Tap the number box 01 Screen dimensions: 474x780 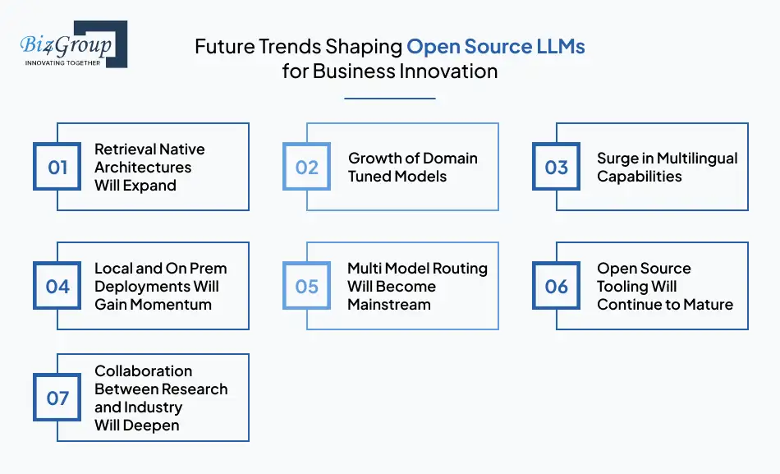pyautogui.click(x=57, y=168)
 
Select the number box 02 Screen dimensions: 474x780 pyautogui.click(x=306, y=168)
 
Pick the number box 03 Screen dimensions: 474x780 pyautogui.click(x=556, y=168)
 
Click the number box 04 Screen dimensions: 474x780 pyautogui.click(x=57, y=287)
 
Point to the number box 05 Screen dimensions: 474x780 pyautogui.click(x=306, y=287)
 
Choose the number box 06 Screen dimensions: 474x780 pyautogui.click(x=556, y=287)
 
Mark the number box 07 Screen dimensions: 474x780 pyautogui.click(x=57, y=398)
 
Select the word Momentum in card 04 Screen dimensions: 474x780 pyautogui.click(x=176, y=305)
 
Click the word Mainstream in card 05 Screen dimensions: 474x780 pyautogui.click(x=388, y=305)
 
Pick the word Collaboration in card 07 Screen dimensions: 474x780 pyautogui.click(x=143, y=371)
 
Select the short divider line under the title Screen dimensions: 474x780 pyautogui.click(x=389, y=99)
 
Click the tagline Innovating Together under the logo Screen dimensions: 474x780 pyautogui.click(x=62, y=62)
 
